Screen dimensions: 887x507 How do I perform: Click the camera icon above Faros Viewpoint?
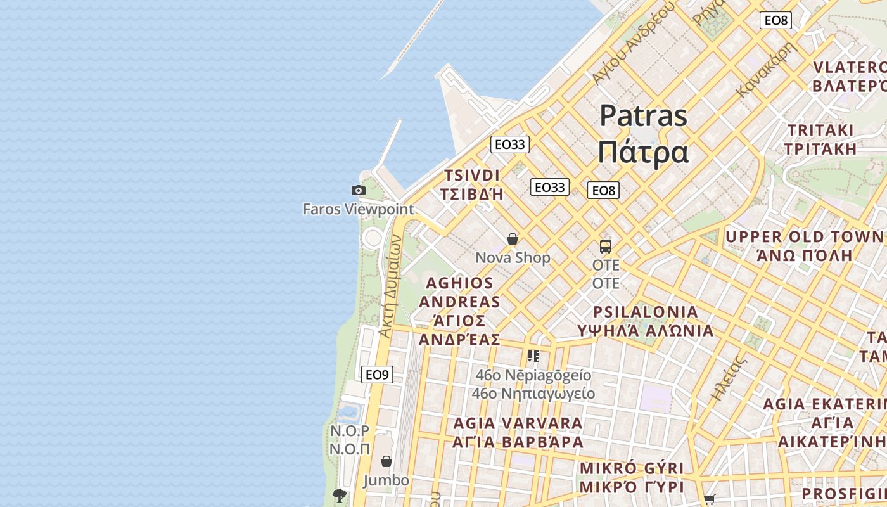tap(359, 190)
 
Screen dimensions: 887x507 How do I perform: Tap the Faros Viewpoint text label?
tap(358, 209)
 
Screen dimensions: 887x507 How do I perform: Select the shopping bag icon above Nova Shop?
tap(513, 239)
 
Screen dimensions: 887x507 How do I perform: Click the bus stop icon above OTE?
tap(606, 246)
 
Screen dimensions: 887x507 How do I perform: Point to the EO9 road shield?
tap(377, 375)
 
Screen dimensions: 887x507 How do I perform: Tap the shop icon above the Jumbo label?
tap(386, 461)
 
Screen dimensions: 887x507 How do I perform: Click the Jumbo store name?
tap(386, 480)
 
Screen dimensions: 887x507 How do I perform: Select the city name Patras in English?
tap(643, 116)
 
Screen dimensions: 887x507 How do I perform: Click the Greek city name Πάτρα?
tap(643, 152)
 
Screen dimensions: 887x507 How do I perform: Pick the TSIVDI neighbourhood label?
tap(472, 176)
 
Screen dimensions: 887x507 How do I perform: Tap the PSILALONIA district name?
tap(646, 312)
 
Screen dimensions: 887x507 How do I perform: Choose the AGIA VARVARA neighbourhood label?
tap(518, 423)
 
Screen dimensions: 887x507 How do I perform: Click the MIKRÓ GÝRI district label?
tap(632, 468)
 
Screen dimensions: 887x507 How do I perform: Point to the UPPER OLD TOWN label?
tap(804, 237)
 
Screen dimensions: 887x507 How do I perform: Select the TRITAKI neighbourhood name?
tap(820, 130)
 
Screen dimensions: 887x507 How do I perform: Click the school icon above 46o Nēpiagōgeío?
tap(533, 356)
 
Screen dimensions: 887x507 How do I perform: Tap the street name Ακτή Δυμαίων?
tap(390, 285)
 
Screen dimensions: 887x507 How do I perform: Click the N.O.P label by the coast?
tap(350, 431)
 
